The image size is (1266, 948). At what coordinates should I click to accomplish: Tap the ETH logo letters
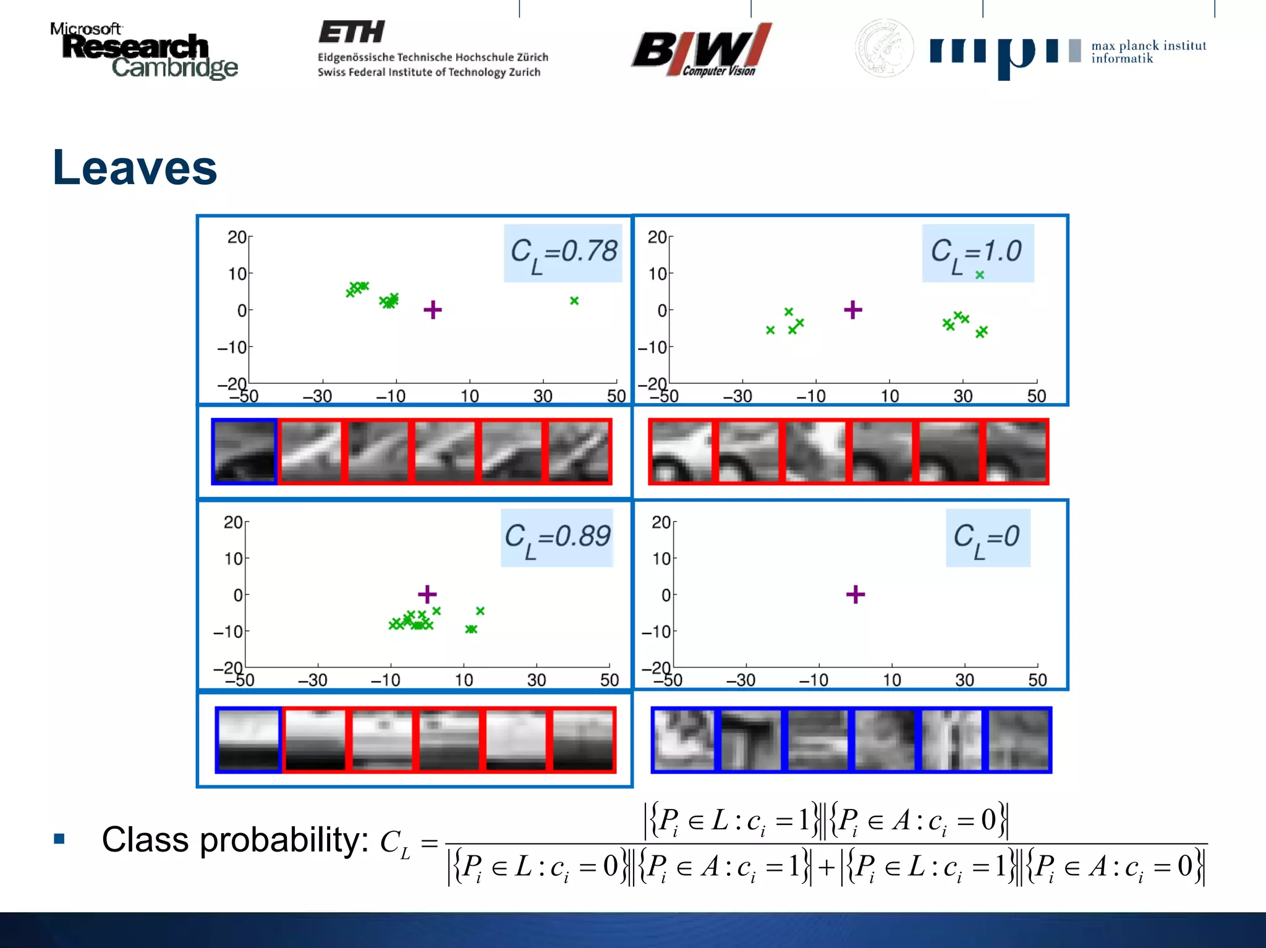[352, 32]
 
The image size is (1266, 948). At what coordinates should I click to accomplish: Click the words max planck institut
[1149, 46]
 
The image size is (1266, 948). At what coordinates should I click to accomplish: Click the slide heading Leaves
[135, 168]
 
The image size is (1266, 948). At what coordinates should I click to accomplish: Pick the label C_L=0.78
[563, 253]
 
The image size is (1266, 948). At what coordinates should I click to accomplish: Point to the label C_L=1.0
[976, 253]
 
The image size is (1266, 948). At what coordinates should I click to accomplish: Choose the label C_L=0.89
[557, 538]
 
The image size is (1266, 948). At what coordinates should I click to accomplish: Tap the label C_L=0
[987, 538]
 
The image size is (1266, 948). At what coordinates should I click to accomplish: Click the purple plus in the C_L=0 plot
[856, 595]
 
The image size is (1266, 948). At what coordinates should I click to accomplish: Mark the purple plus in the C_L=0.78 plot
[433, 310]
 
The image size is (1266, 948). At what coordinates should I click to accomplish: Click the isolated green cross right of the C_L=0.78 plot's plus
[574, 301]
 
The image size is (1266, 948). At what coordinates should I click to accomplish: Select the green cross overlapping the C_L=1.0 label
[980, 275]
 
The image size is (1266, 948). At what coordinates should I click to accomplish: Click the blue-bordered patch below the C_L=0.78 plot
[244, 451]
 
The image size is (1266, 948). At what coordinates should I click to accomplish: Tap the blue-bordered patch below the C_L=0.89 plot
[249, 740]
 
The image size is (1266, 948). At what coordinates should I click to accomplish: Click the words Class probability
[235, 840]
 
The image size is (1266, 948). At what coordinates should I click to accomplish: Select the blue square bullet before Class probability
[59, 839]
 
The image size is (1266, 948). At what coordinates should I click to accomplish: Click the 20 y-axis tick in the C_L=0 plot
[661, 523]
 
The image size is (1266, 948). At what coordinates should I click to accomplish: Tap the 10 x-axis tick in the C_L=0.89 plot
[464, 680]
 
